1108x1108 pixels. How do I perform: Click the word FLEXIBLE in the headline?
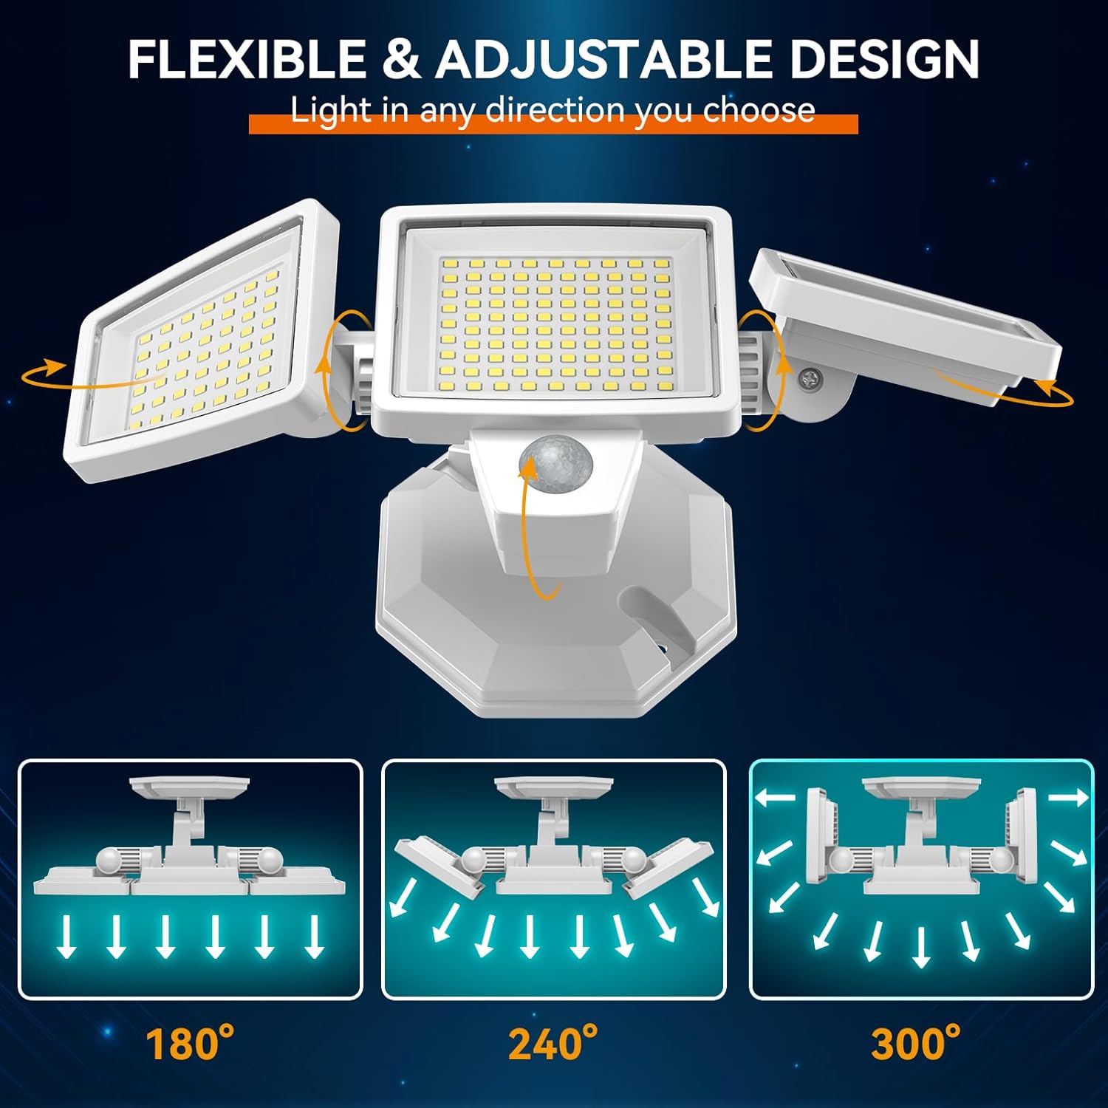coord(247,59)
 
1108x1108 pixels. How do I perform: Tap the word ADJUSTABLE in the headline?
coord(603,59)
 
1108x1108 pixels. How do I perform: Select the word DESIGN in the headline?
coord(884,59)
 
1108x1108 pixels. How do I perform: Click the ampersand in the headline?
coord(400,59)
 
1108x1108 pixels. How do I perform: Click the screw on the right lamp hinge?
coord(810,378)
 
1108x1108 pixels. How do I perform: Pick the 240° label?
coord(553,1043)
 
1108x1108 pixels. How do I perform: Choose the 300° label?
coord(916,1043)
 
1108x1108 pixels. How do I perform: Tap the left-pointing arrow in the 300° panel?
coord(774,797)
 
